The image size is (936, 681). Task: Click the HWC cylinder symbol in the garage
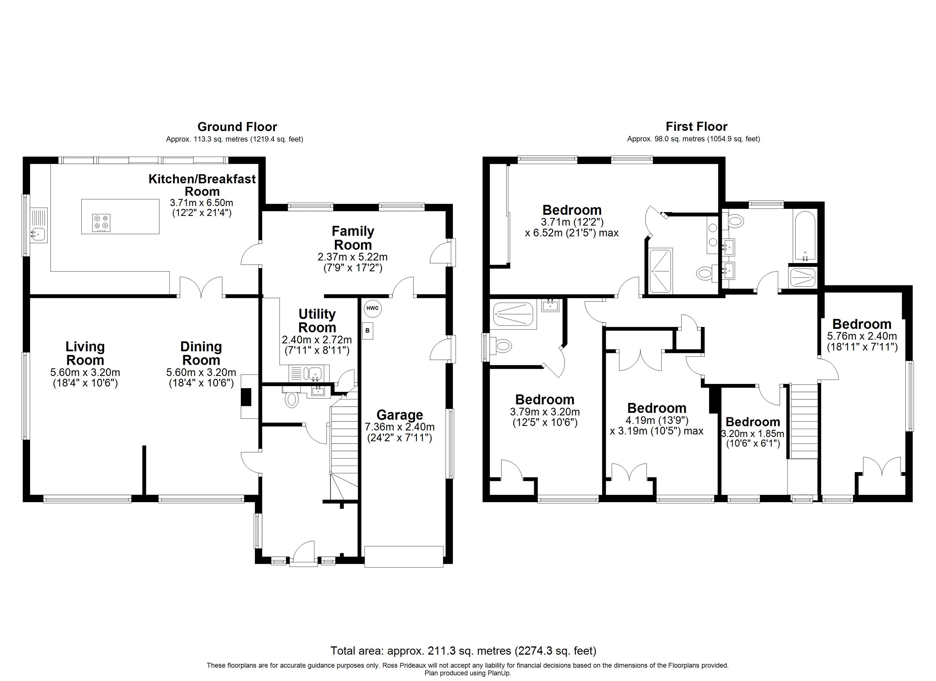tap(372, 308)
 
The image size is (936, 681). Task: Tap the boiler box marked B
tap(367, 331)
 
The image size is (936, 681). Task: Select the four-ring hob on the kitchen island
tap(102, 222)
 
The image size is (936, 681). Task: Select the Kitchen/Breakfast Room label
tap(202, 185)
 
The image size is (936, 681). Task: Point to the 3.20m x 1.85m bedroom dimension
tap(752, 434)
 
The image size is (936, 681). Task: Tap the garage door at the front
tap(404, 557)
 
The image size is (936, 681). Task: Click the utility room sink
tap(315, 373)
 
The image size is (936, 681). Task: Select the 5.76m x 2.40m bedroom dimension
tap(862, 336)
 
